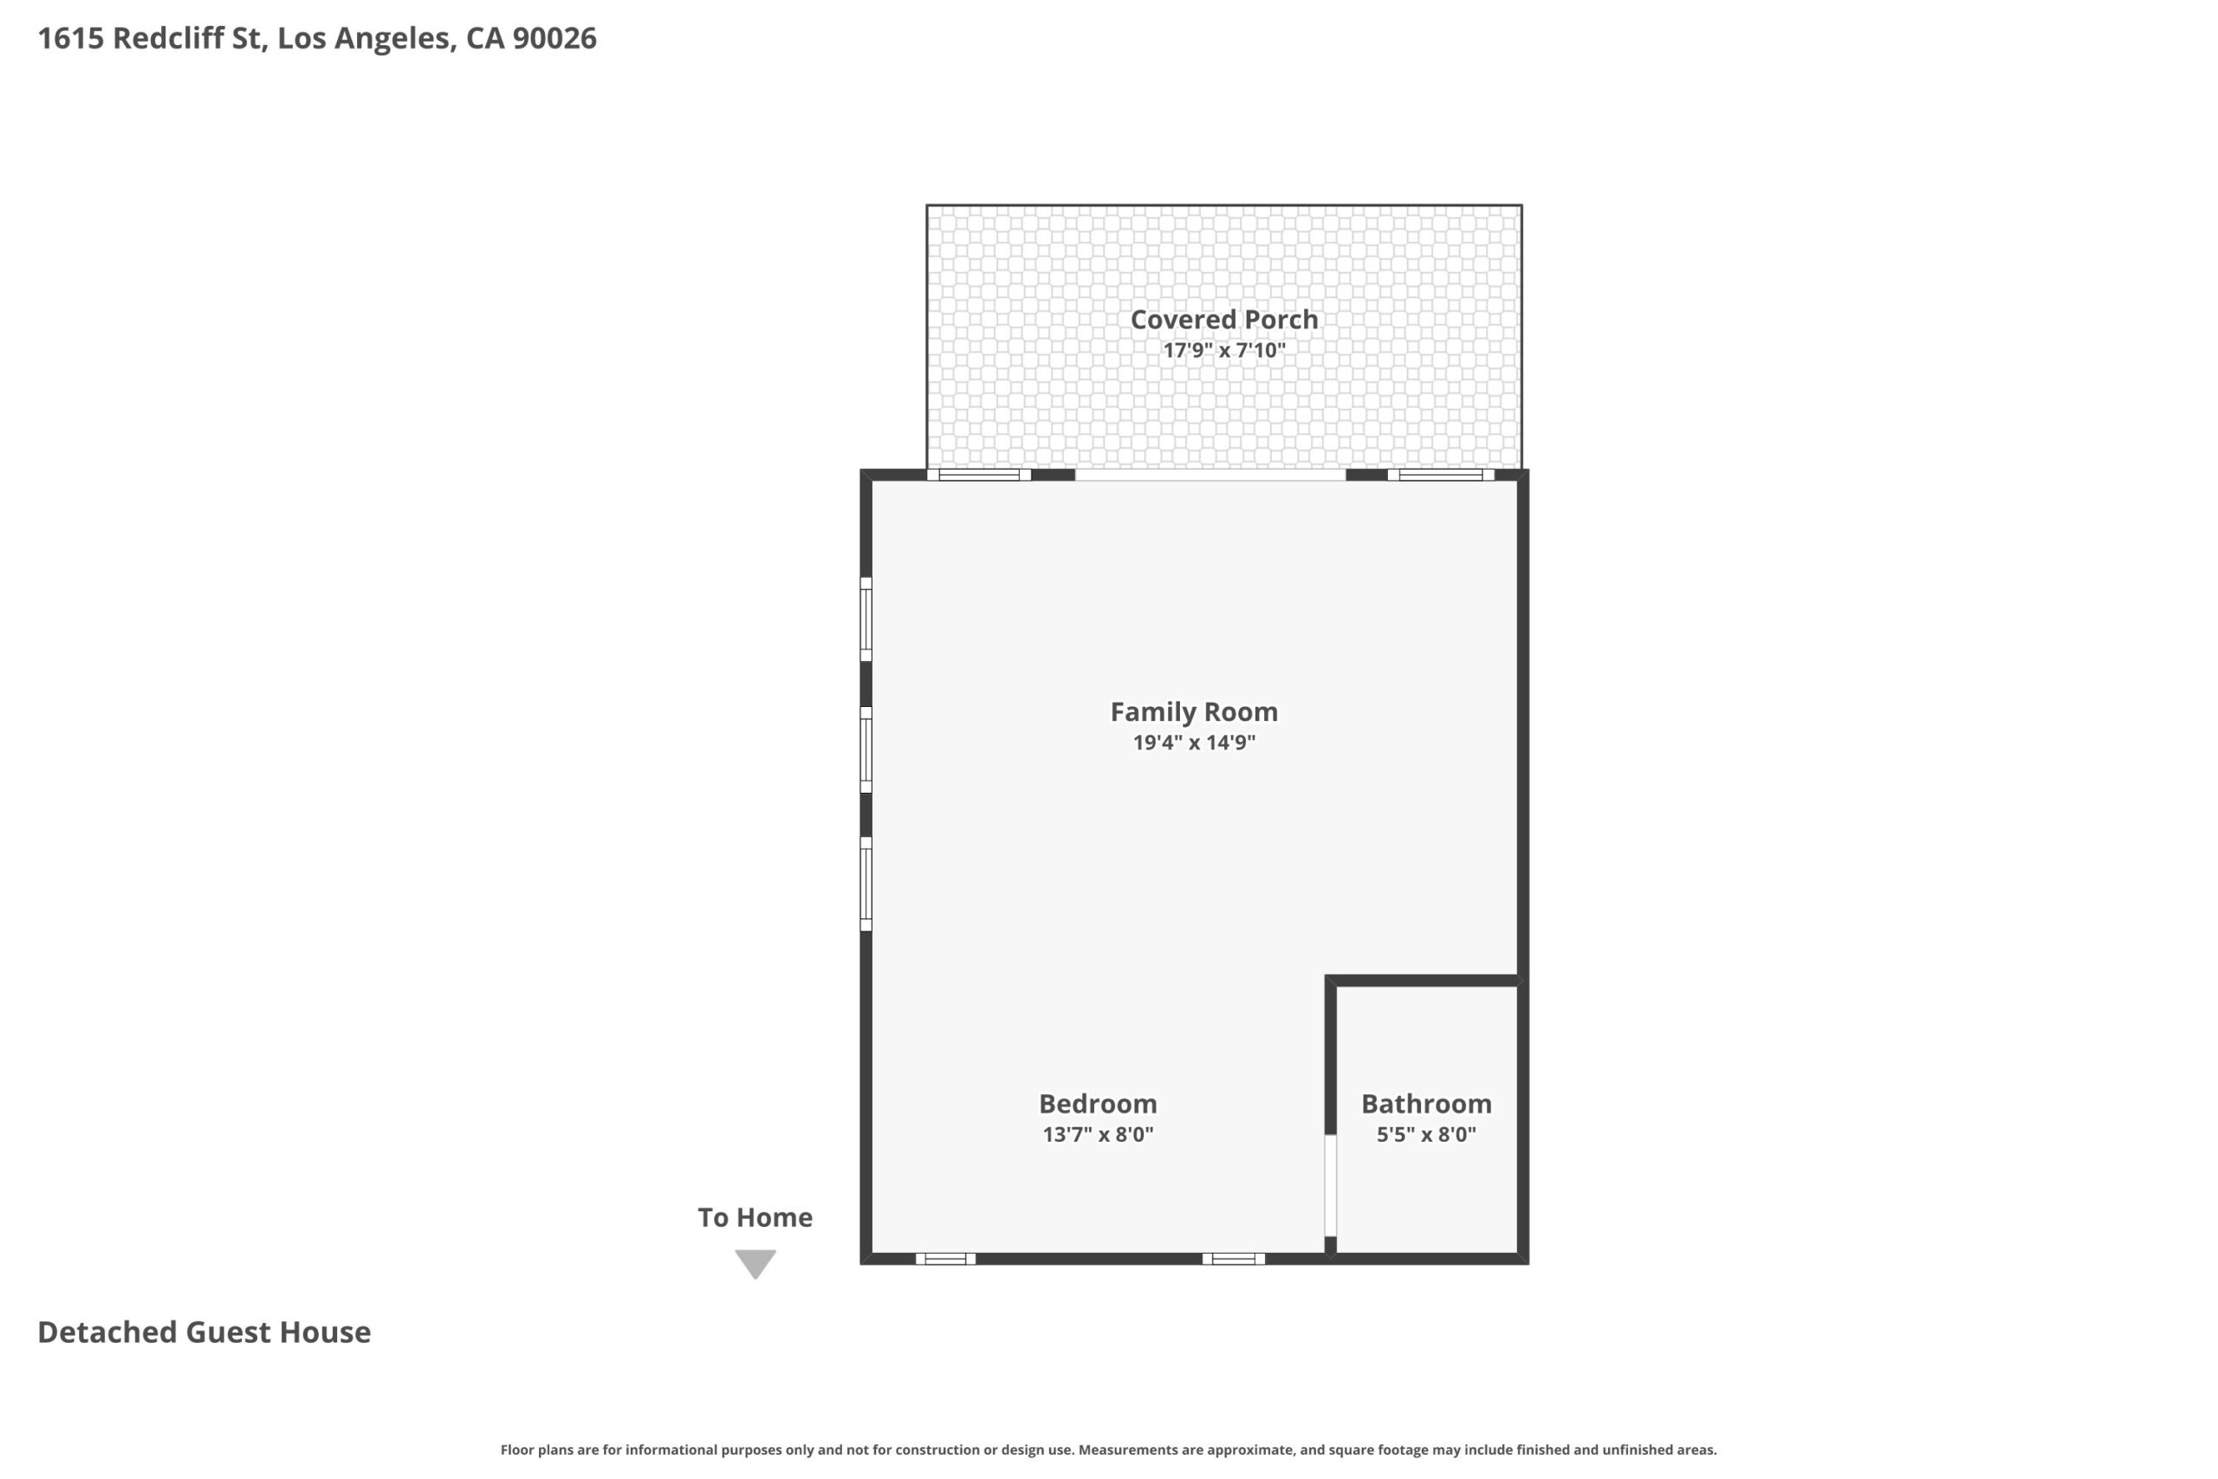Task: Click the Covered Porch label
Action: pos(1224,320)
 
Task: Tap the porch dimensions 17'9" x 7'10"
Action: pos(1224,350)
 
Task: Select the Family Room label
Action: pos(1194,711)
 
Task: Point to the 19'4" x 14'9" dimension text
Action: pos(1194,743)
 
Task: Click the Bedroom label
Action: pos(1098,1104)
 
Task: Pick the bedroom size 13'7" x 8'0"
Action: pos(1098,1134)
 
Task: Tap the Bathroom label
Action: pos(1426,1104)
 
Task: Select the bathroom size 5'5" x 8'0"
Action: pos(1426,1134)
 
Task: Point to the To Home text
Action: pos(756,1217)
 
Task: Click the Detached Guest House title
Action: pos(204,1332)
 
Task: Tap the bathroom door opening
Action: pos(1331,1184)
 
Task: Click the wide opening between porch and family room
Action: pos(1210,475)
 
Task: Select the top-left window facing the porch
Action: pos(979,475)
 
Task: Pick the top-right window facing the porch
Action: pos(1441,475)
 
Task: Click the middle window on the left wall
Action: pos(866,749)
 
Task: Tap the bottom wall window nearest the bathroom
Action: pos(1234,1258)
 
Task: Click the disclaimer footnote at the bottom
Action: pos(1109,1450)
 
